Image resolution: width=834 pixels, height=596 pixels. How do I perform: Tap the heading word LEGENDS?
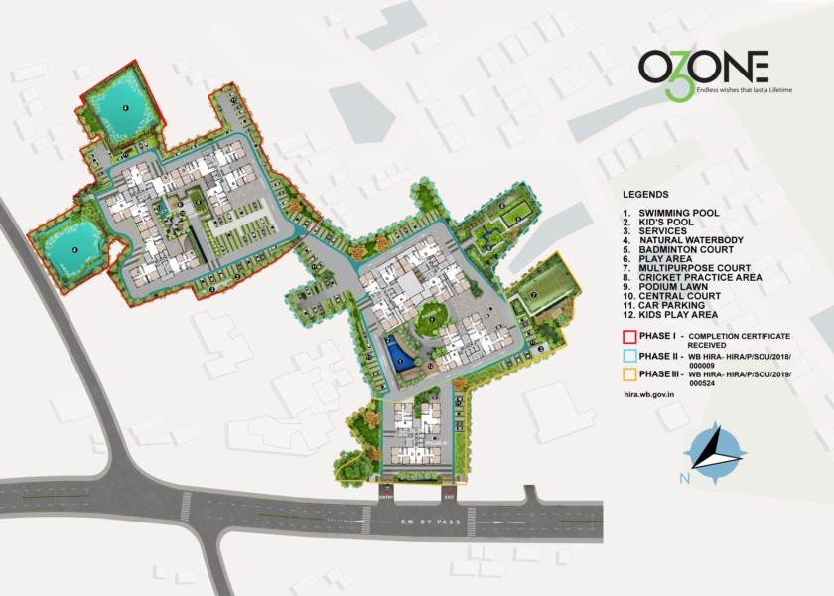(x=645, y=194)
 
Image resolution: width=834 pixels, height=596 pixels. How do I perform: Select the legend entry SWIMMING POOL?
(x=678, y=213)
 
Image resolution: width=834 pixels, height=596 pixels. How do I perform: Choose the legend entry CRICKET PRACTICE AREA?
(x=701, y=277)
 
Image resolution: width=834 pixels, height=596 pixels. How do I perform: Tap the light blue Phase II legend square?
(x=628, y=356)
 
